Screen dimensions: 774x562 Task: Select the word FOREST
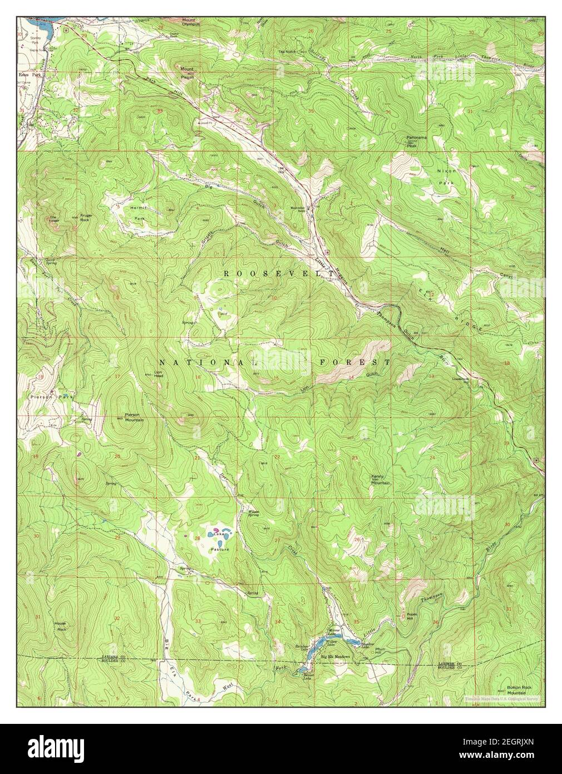pyautogui.click(x=354, y=362)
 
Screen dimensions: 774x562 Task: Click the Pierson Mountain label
pyautogui.click(x=131, y=417)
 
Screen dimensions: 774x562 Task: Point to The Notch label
pyautogui.click(x=288, y=52)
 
